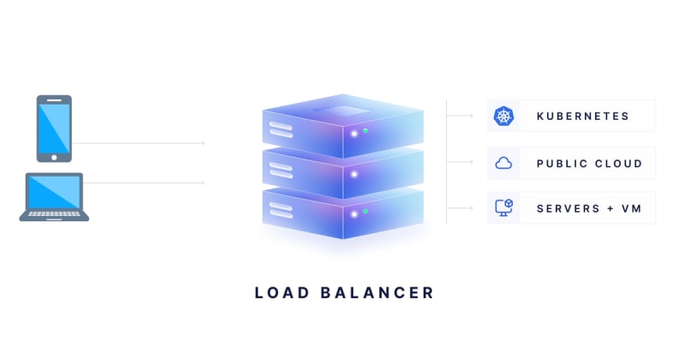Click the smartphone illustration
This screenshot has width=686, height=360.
click(x=54, y=128)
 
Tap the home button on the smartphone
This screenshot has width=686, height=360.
click(x=54, y=157)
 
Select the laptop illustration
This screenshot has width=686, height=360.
click(x=54, y=196)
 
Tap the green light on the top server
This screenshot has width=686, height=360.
click(x=365, y=130)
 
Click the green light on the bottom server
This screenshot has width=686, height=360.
click(x=365, y=211)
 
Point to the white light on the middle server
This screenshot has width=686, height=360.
click(x=353, y=173)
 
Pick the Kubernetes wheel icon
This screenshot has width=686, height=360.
click(x=503, y=116)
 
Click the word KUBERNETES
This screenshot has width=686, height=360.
click(x=582, y=116)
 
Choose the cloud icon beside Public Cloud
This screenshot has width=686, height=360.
click(x=503, y=163)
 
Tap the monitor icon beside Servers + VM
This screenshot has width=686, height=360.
click(x=503, y=208)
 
